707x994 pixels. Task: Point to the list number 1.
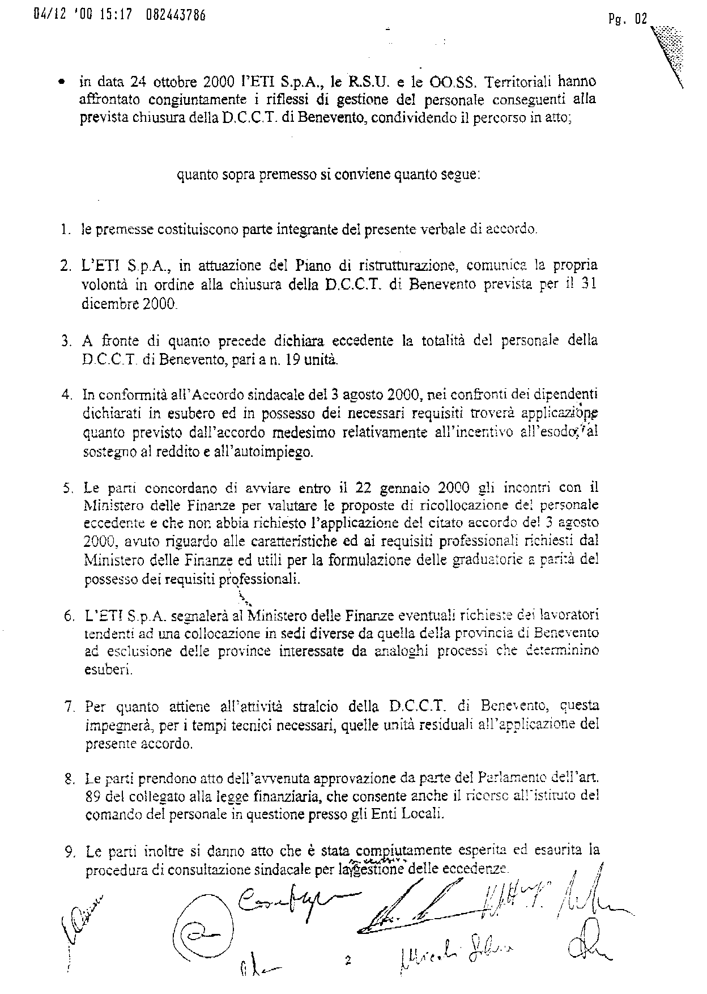(x=65, y=230)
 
